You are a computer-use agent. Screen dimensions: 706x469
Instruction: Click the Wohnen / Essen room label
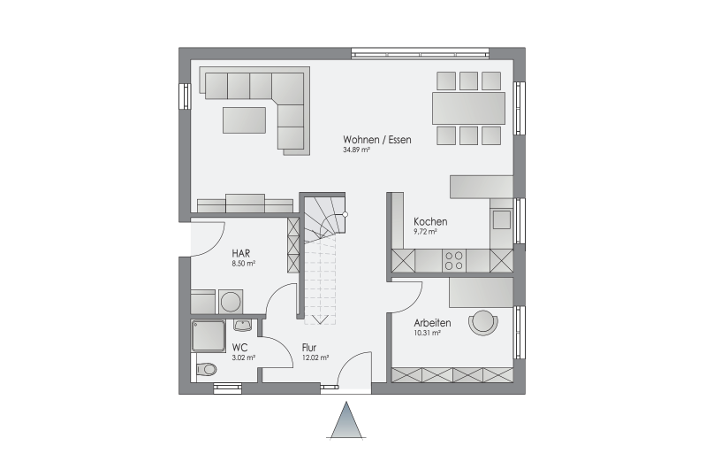pyautogui.click(x=377, y=140)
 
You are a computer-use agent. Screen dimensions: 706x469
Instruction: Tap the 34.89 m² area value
pyautogui.click(x=356, y=150)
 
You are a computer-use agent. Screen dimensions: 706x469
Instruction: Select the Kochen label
pyautogui.click(x=430, y=222)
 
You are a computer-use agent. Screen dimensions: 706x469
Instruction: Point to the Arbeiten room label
pyautogui.click(x=432, y=323)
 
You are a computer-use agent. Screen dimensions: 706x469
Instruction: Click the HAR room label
pyautogui.click(x=241, y=253)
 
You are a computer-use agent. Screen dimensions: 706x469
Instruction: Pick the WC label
pyautogui.click(x=239, y=348)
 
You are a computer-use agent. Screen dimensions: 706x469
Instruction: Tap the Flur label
pyautogui.click(x=309, y=348)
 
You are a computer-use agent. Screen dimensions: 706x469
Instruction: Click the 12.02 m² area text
pyautogui.click(x=315, y=358)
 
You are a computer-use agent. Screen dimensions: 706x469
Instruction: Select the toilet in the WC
pyautogui.click(x=206, y=369)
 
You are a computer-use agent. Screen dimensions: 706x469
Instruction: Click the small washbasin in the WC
pyautogui.click(x=243, y=324)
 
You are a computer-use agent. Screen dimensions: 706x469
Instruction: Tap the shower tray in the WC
pyautogui.click(x=208, y=336)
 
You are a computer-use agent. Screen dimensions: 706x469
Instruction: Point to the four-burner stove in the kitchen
pyautogui.click(x=454, y=261)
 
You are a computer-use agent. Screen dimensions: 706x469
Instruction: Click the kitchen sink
pyautogui.click(x=502, y=219)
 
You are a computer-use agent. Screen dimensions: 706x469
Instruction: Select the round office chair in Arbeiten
pyautogui.click(x=483, y=323)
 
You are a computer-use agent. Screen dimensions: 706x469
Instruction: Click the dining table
pyautogui.click(x=468, y=108)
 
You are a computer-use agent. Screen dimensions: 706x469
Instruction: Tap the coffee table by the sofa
pyautogui.click(x=244, y=119)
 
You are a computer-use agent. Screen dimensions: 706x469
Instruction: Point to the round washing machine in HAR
pyautogui.click(x=231, y=302)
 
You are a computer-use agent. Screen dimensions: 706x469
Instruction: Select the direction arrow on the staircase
pyautogui.click(x=320, y=319)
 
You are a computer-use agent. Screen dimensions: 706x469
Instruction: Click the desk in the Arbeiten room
pyautogui.click(x=481, y=293)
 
